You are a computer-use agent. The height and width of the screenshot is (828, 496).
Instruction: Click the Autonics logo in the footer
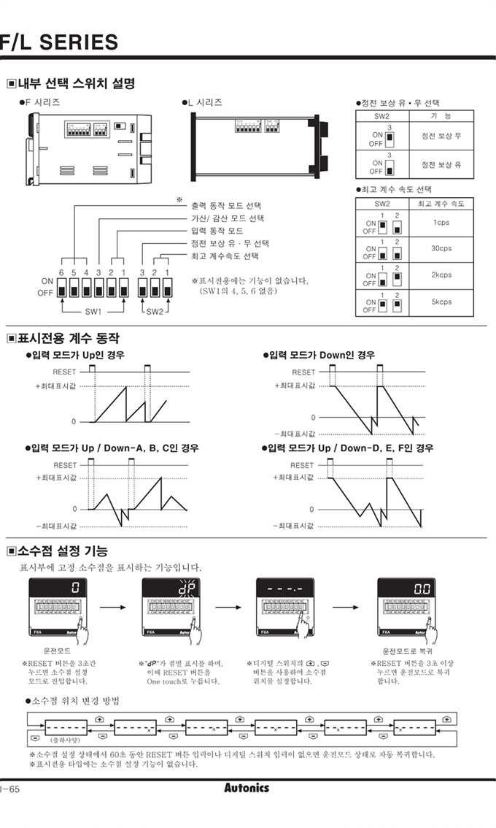pos(247,788)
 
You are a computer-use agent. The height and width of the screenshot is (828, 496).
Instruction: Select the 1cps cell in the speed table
pos(441,222)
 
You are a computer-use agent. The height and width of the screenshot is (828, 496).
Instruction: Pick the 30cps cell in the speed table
pos(441,248)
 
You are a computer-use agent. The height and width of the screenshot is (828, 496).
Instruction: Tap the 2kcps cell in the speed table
pos(441,275)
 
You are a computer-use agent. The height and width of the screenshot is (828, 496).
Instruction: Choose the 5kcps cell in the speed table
pos(441,302)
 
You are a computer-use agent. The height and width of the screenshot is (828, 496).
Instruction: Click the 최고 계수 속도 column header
pos(441,204)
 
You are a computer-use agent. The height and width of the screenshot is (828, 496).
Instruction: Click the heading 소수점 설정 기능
pos(62,550)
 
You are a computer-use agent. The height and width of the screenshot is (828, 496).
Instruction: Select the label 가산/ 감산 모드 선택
pos(227,218)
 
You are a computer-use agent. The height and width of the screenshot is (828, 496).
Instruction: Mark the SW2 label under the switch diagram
pos(155,310)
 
